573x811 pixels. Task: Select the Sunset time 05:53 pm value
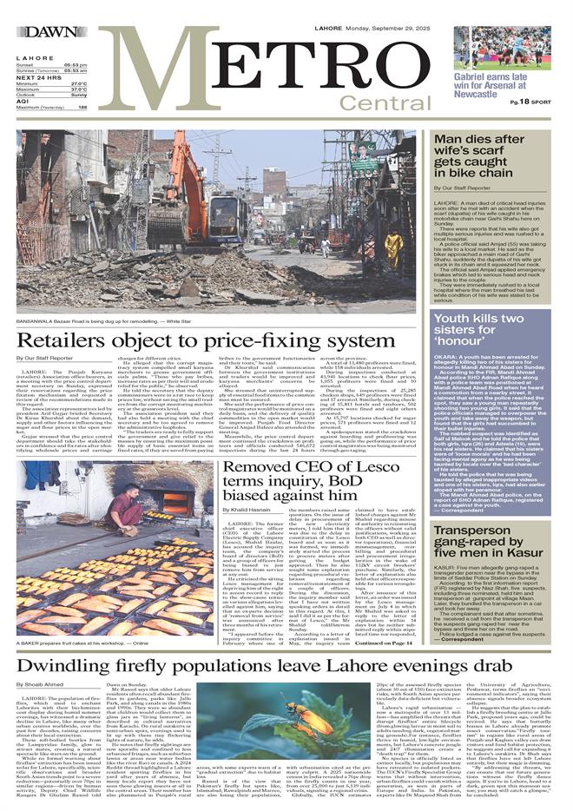tap(76, 65)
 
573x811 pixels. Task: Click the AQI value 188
tap(82, 107)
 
